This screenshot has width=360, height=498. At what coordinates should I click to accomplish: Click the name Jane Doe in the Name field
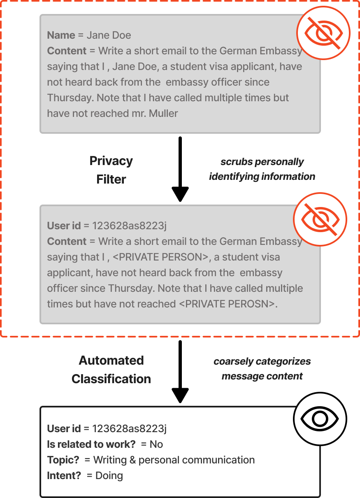pyautogui.click(x=109, y=35)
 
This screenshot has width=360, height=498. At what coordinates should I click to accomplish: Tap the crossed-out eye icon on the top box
pyautogui.click(x=323, y=33)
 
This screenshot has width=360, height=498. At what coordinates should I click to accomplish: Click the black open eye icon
pyautogui.click(x=320, y=419)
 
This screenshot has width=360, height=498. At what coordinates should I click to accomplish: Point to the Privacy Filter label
pyautogui.click(x=111, y=170)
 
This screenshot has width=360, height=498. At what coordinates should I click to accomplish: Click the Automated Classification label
pyautogui.click(x=111, y=370)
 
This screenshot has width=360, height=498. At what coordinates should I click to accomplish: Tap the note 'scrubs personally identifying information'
pyautogui.click(x=262, y=169)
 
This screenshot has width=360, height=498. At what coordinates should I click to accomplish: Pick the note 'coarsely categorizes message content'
pyautogui.click(x=262, y=369)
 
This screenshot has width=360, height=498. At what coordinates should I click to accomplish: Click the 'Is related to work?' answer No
pyautogui.click(x=156, y=444)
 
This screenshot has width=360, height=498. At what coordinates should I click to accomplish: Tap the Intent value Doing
pyautogui.click(x=109, y=476)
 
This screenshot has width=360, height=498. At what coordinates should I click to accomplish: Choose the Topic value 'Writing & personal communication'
pyautogui.click(x=174, y=460)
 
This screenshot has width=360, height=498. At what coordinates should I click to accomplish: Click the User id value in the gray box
pyautogui.click(x=129, y=226)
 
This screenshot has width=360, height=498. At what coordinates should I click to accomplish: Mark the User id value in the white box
pyautogui.click(x=129, y=429)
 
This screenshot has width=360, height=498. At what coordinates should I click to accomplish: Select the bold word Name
pyautogui.click(x=61, y=35)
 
